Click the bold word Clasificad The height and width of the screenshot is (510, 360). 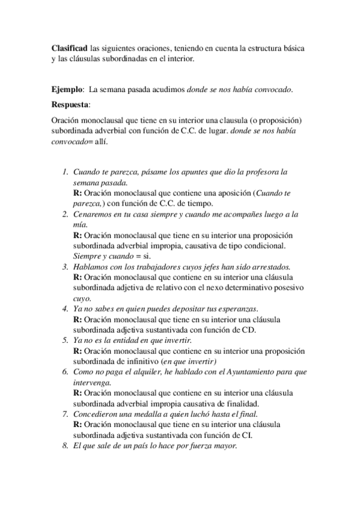coord(70,47)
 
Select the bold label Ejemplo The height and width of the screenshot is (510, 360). coord(67,90)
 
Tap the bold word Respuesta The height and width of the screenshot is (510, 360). coord(70,104)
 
